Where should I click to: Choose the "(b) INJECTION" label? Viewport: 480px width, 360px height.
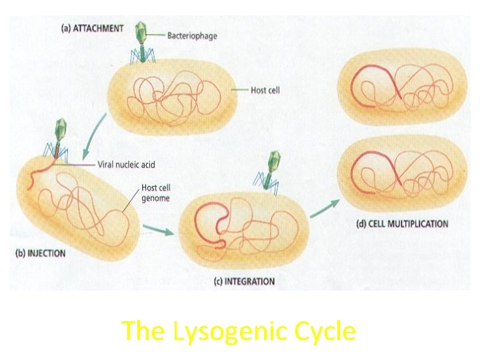41,253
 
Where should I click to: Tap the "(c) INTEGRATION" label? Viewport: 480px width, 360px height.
243,281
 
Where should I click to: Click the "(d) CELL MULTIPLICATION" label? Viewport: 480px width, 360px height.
401,223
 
